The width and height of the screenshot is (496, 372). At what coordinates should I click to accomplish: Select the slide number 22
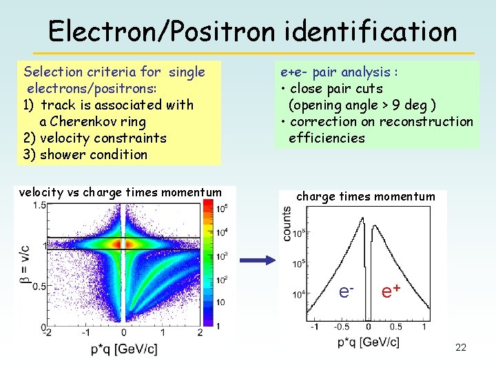[x=461, y=347]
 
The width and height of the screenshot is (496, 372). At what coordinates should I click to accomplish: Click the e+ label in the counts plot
[x=391, y=291]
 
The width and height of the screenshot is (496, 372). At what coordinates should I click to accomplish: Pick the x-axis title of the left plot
[x=124, y=350]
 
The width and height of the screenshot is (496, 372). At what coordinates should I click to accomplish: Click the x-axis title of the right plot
[x=368, y=342]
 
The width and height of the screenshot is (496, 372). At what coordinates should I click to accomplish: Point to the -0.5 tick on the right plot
[x=342, y=327]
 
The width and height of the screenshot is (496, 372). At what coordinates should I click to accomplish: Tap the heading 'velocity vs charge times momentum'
[x=121, y=193]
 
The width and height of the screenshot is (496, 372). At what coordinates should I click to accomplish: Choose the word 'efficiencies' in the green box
[x=327, y=138]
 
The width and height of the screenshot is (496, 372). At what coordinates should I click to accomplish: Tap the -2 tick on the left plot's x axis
[x=48, y=333]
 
